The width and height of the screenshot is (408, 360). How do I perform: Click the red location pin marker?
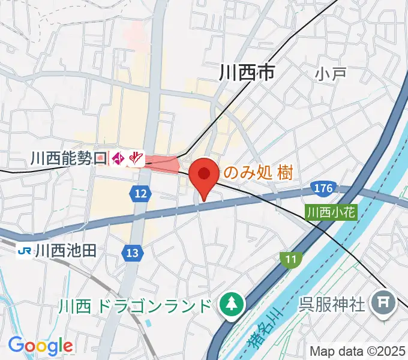[x=204, y=175]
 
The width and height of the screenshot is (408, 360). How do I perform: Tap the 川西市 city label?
[x=246, y=73]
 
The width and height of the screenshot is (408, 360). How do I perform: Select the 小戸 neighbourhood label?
[x=331, y=74]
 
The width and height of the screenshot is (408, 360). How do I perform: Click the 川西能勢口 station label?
[x=68, y=158]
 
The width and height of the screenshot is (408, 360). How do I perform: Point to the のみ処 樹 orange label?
[x=258, y=173]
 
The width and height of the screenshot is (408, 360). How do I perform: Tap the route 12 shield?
[x=140, y=193]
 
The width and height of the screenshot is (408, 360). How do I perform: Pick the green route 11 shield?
[x=290, y=259]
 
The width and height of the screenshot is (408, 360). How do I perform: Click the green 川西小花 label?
[x=331, y=212]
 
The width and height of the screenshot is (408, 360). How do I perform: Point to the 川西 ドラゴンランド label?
[x=135, y=306]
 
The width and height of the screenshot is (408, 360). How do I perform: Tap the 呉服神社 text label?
[x=332, y=305]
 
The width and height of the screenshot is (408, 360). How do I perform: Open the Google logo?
[x=40, y=346]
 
